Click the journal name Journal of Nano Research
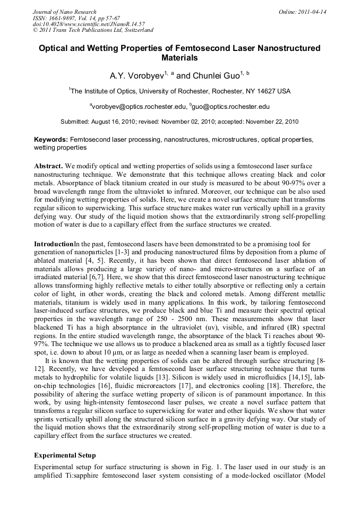pyautogui.click(x=65, y=12)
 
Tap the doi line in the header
pyautogui.click(x=85, y=24)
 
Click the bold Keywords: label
pyautogui.click(x=51, y=140)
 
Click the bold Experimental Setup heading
pyautogui.click(x=65, y=455)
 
